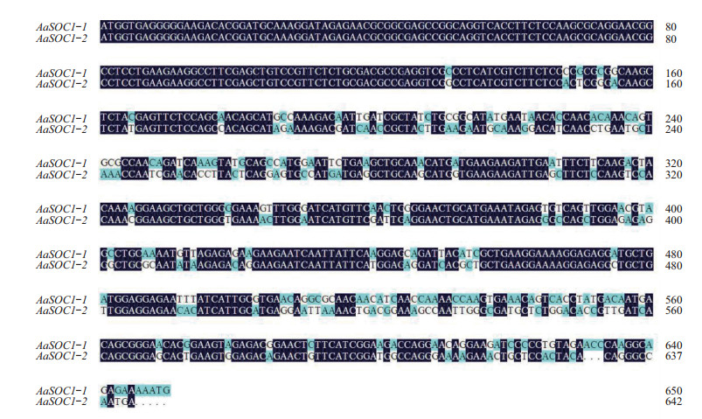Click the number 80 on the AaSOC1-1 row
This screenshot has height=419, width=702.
coord(671,27)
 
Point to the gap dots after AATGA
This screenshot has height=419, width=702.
coord(149,402)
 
